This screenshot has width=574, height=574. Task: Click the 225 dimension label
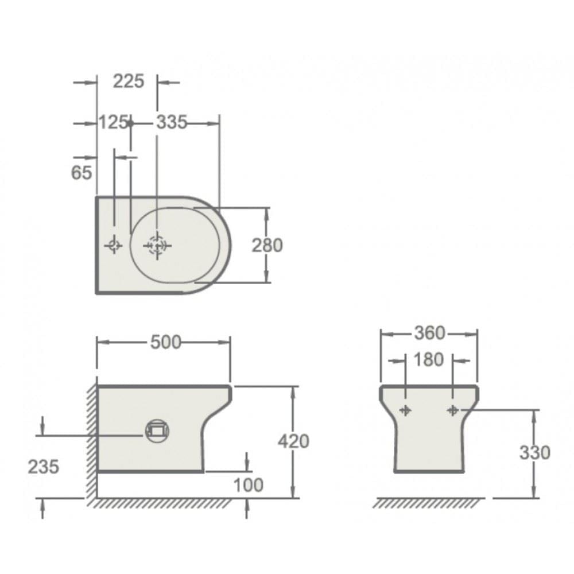coord(128,82)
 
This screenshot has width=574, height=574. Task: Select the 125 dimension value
coord(113,122)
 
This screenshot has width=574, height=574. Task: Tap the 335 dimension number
coord(172,122)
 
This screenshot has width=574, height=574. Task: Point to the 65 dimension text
coord(82,172)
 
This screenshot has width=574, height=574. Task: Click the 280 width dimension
coord(267,245)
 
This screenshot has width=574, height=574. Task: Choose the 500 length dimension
coord(165,342)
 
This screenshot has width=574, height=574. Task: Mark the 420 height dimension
coord(293,441)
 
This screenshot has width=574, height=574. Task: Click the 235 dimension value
coord(44,467)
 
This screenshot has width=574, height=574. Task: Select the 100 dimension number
coord(248,485)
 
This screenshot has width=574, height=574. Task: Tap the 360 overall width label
coord(429,333)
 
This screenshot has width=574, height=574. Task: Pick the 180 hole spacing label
coord(429,360)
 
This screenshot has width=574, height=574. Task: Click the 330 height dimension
coord(534,453)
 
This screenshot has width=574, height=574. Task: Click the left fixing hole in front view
coord(406,410)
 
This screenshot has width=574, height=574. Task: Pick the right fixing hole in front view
coord(453,410)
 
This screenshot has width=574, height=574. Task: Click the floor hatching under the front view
coord(428,503)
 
